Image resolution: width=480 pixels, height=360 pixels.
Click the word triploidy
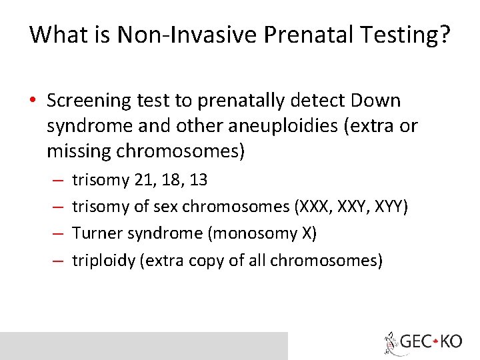click(x=103, y=260)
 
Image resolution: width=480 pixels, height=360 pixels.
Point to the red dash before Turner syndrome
click(x=58, y=233)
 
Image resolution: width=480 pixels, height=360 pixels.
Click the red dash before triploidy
click(x=58, y=260)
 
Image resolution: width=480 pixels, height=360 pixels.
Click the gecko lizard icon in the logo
click(x=391, y=343)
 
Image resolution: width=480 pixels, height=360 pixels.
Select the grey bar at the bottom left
click(x=143, y=346)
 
